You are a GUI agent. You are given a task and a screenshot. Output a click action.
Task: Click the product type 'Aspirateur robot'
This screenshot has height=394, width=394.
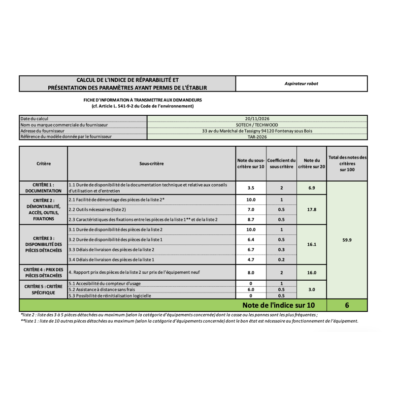[301, 84]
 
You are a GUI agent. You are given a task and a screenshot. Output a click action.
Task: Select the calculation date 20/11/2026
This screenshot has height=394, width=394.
[257, 119]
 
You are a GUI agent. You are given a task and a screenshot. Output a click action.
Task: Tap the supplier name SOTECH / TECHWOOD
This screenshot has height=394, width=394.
[257, 125]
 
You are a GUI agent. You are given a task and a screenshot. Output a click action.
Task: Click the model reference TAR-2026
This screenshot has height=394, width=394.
[257, 137]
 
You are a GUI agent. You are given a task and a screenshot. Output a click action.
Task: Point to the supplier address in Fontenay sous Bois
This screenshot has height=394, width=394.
[257, 131]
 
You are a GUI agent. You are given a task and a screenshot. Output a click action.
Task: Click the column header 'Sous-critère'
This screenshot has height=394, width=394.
[152, 164]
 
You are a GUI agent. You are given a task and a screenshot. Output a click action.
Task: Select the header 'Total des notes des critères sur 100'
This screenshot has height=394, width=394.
[347, 164]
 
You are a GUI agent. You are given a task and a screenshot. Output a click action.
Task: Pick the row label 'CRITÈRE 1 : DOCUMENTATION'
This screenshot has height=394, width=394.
[43, 188]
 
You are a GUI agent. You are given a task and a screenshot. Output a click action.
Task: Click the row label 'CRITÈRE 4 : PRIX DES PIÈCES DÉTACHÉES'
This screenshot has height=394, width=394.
[43, 272]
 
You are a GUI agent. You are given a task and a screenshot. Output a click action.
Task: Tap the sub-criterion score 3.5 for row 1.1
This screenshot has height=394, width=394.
[251, 188]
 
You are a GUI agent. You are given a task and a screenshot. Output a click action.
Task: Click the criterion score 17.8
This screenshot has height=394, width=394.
[311, 209]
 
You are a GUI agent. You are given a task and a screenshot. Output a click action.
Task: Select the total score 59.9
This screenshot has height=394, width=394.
[347, 240]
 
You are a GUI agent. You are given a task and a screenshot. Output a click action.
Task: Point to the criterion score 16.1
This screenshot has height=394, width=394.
[311, 244]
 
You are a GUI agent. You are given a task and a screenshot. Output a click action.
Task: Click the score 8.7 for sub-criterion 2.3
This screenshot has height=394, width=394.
[251, 219]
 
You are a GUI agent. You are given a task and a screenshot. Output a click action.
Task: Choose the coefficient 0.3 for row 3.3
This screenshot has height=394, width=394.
[281, 250]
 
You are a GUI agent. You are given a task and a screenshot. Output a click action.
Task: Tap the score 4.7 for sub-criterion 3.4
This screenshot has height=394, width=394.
[251, 260]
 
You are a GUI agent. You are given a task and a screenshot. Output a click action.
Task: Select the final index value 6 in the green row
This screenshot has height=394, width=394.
[347, 305]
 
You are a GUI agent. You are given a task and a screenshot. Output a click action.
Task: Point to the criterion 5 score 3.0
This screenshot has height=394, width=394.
[311, 290]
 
